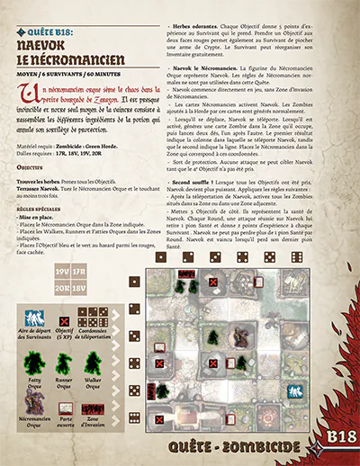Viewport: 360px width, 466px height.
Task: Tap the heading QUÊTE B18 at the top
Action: pyautogui.click(x=54, y=28)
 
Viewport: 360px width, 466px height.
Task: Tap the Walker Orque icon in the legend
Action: pyautogui.click(x=94, y=363)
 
